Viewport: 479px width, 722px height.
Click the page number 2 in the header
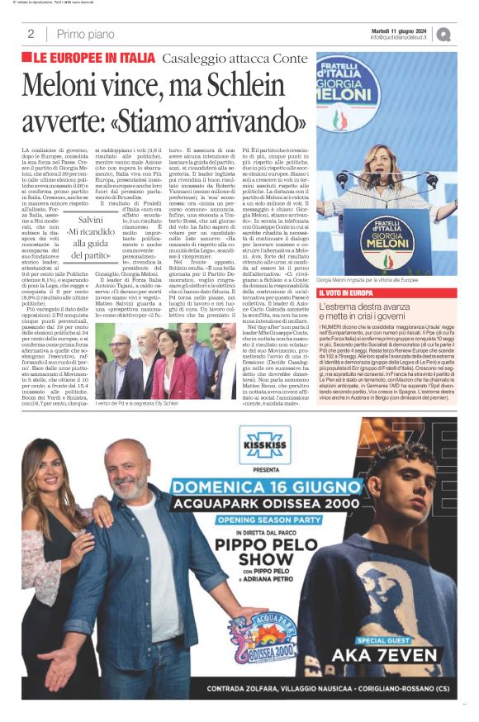31,34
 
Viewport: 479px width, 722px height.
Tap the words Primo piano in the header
86,34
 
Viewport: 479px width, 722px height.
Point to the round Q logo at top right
444,34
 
